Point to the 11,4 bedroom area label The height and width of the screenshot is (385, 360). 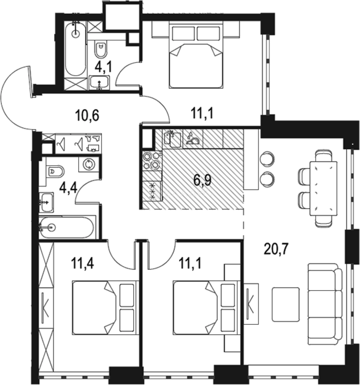tap(83, 264)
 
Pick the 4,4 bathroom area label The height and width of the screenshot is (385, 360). tap(69, 189)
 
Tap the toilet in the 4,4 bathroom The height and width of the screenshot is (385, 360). tap(56, 171)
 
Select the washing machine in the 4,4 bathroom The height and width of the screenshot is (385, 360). tap(88, 164)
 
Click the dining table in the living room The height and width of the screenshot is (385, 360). tap(323, 188)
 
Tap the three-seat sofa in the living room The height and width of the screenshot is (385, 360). tap(325, 304)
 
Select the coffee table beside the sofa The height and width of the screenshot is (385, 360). tap(286, 304)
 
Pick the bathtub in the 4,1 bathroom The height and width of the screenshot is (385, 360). tap(76, 48)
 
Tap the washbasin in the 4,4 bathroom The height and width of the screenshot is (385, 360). tap(47, 202)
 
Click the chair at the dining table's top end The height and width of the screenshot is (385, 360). tap(324, 156)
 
